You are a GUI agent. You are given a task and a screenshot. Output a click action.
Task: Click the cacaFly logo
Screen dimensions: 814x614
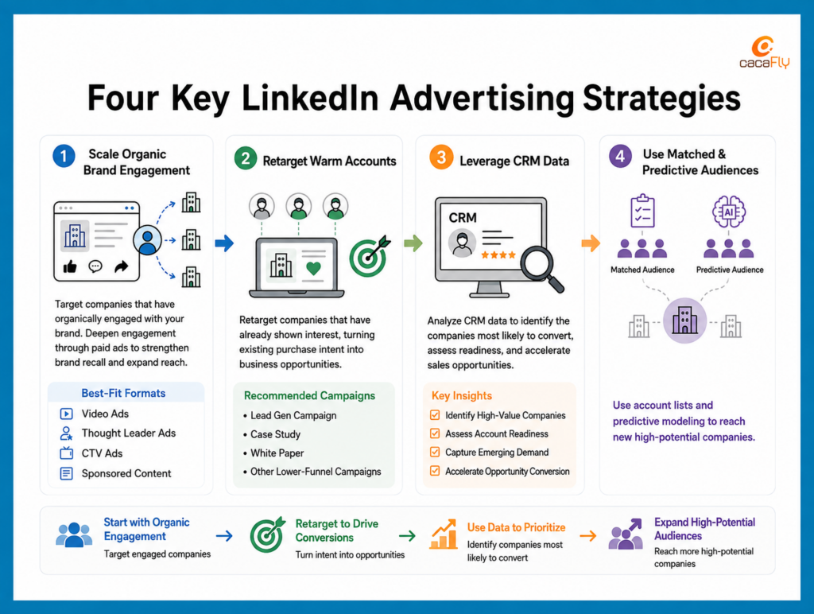[x=764, y=52]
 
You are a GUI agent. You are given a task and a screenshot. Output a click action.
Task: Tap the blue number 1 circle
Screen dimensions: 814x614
[x=64, y=156]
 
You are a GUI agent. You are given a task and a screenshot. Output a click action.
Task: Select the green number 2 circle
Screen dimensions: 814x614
[x=246, y=158]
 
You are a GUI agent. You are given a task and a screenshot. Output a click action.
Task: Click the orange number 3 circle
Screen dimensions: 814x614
[x=441, y=157]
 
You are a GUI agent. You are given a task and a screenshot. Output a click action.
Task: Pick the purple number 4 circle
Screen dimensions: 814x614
[x=620, y=156]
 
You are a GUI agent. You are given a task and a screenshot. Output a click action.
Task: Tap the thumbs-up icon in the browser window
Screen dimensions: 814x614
[x=70, y=267]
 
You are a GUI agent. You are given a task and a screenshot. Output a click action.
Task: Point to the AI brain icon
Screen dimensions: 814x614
[x=729, y=212]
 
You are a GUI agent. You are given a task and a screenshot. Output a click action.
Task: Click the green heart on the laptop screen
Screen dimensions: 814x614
[x=313, y=268]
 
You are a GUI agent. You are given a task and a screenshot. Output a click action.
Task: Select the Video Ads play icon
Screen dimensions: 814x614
[x=67, y=414]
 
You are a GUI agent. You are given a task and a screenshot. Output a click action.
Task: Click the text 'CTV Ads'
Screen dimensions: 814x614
[x=102, y=453]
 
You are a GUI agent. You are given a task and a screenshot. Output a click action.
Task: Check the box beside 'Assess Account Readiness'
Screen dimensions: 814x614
[x=435, y=433]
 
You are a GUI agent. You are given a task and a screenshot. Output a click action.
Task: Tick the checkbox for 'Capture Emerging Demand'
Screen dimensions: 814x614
[x=435, y=452]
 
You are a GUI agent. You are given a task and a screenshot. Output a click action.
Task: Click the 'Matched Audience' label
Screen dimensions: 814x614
[x=642, y=270]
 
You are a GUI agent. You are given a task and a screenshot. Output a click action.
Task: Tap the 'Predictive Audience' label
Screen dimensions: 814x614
[x=730, y=270]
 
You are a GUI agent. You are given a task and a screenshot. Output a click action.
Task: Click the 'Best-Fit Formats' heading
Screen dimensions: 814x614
[x=123, y=393]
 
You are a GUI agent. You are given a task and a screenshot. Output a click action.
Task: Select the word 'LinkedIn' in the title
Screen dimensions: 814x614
[x=310, y=98]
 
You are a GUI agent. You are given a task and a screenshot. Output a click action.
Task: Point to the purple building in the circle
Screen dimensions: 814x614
[x=684, y=320]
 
